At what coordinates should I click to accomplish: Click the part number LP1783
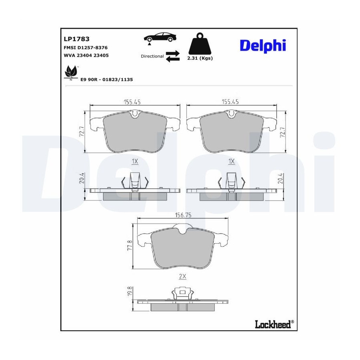[76, 39]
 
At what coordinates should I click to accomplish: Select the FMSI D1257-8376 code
[86, 48]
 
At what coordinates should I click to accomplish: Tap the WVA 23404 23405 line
[86, 55]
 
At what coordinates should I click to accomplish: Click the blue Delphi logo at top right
[263, 46]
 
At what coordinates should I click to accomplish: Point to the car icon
[160, 38]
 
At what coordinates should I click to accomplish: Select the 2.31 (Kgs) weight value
[200, 58]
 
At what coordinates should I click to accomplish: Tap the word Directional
[152, 56]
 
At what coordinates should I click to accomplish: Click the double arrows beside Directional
[173, 56]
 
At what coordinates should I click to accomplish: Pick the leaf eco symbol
[71, 72]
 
